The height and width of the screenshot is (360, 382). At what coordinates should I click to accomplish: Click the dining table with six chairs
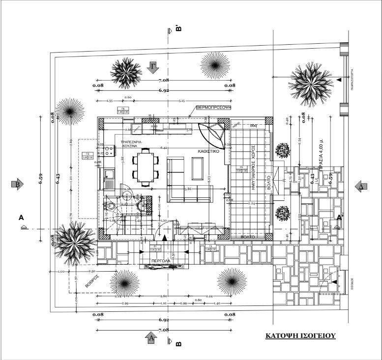(x=146, y=167)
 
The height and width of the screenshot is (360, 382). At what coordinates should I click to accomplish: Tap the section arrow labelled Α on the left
(x=22, y=217)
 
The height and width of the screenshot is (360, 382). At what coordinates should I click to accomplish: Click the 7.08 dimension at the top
(x=164, y=80)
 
